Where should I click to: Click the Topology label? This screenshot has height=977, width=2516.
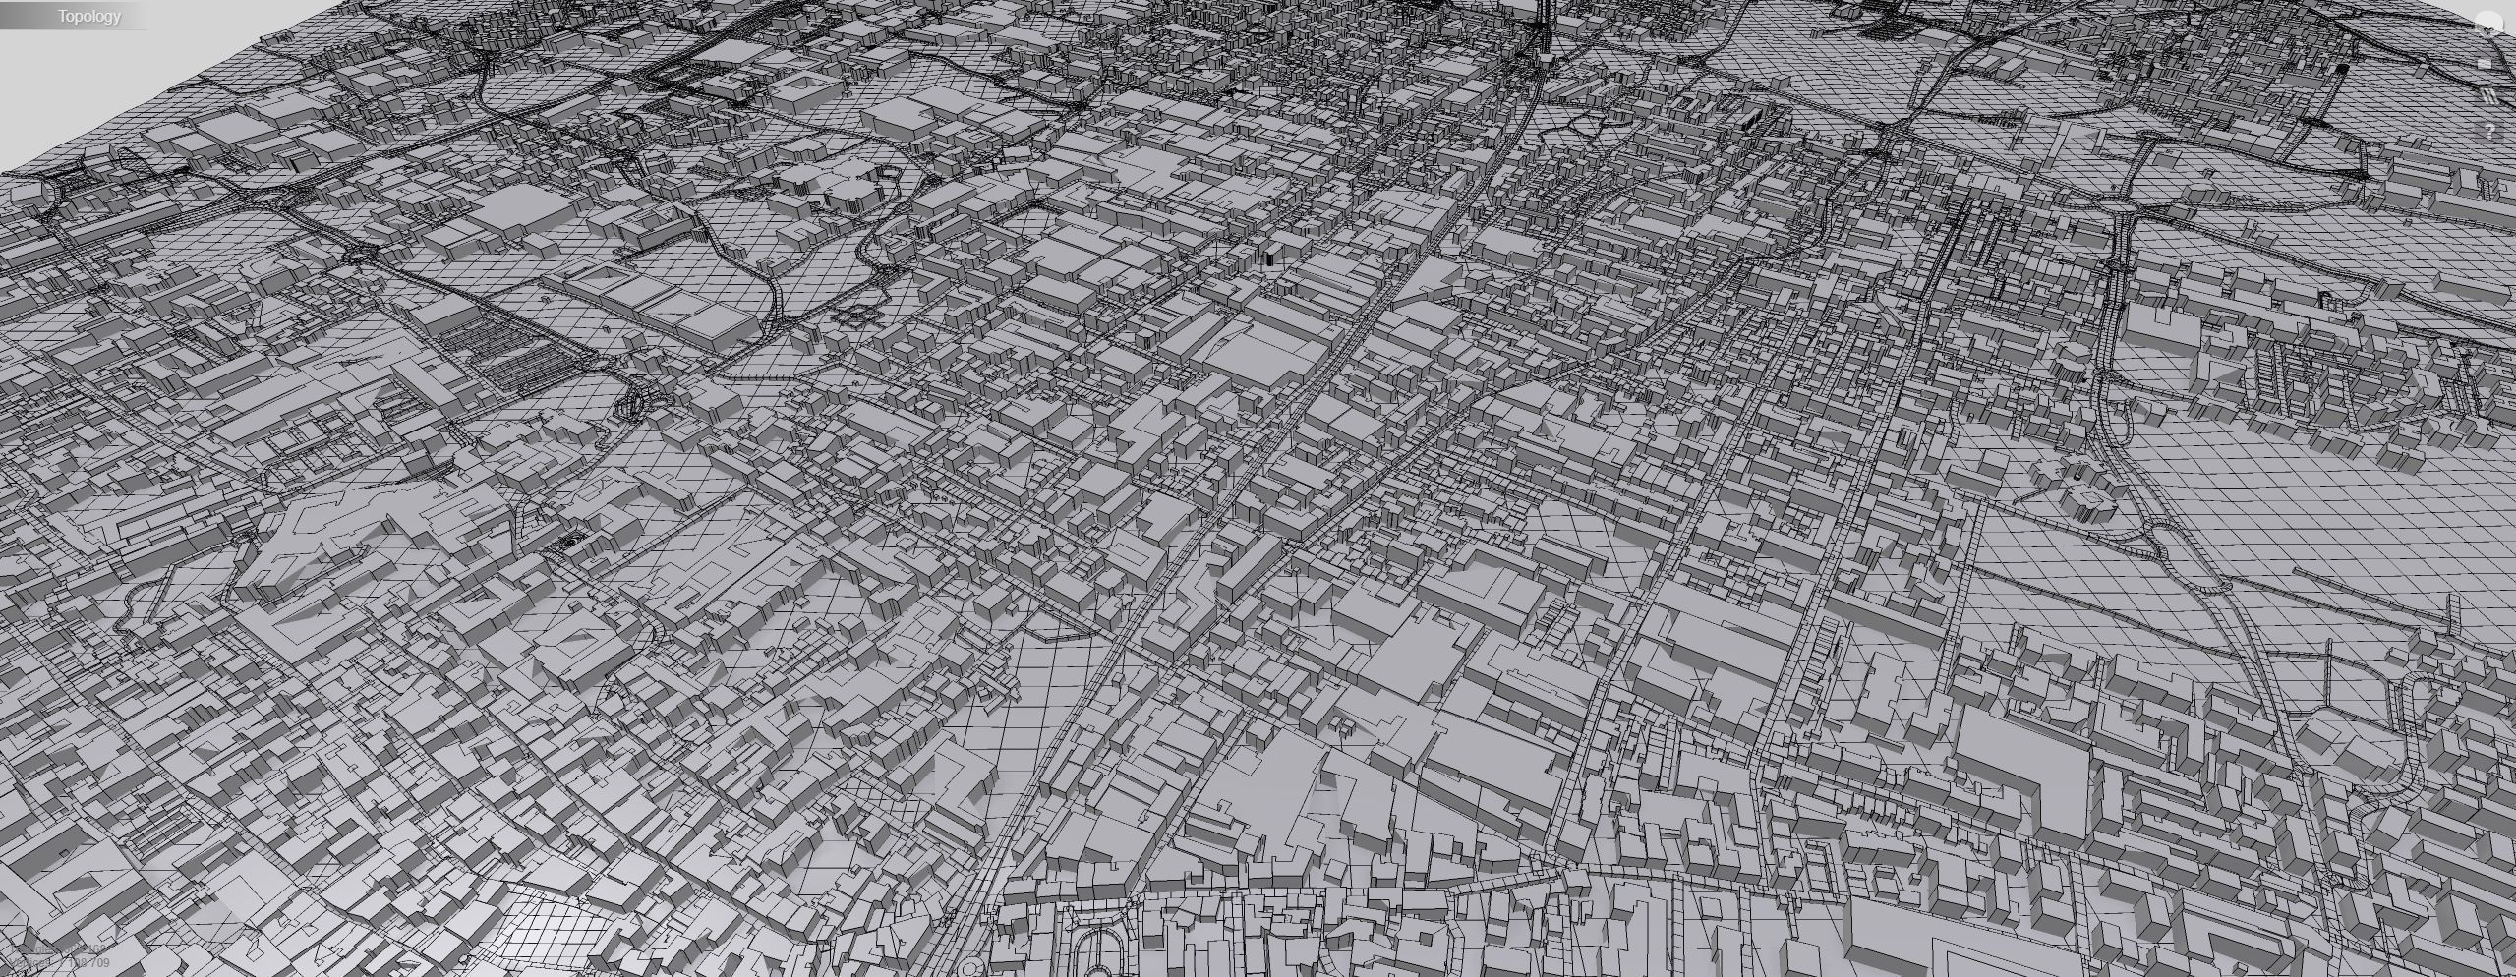pyautogui.click(x=88, y=16)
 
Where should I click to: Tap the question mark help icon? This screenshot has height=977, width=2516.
pyautogui.click(x=2489, y=130)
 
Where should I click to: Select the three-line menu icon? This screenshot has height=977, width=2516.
pyautogui.click(x=2488, y=96)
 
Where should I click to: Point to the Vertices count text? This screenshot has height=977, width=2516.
pyautogui.click(x=59, y=950)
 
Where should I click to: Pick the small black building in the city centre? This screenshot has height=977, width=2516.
pyautogui.click(x=1269, y=259)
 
